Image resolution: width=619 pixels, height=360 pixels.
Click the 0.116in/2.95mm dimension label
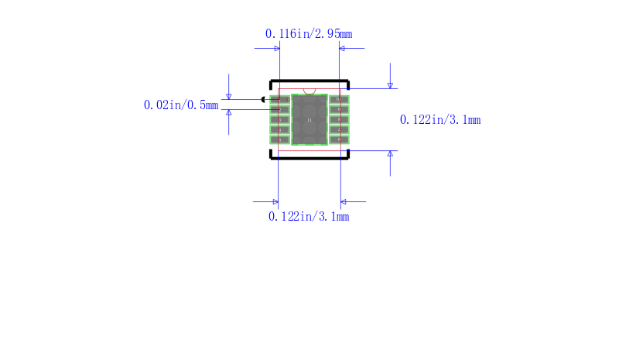click(309, 34)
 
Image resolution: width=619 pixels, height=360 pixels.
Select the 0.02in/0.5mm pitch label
click(181, 105)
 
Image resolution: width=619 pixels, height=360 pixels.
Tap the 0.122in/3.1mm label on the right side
click(439, 119)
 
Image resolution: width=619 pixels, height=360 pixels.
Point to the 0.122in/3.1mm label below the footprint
click(309, 217)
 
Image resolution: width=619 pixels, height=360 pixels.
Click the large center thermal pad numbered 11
click(309, 119)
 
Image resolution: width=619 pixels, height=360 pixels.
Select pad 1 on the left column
click(279, 99)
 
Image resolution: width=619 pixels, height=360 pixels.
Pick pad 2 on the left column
click(279, 109)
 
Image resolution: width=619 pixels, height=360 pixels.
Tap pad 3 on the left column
click(279, 119)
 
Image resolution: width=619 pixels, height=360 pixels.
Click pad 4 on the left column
click(279, 129)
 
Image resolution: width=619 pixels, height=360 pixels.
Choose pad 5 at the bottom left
click(279, 139)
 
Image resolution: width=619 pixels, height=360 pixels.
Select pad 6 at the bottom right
click(339, 139)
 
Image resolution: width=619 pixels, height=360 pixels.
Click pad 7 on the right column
click(339, 129)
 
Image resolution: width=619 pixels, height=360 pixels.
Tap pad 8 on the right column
click(339, 119)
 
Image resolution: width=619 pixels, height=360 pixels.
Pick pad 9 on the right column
click(339, 109)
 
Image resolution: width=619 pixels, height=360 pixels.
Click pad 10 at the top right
click(339, 99)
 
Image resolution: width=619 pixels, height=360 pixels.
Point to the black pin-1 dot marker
click(264, 99)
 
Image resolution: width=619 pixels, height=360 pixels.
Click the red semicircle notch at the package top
click(309, 91)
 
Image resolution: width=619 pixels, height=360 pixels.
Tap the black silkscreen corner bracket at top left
click(272, 81)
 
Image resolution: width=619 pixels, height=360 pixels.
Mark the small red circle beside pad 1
click(288, 99)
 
